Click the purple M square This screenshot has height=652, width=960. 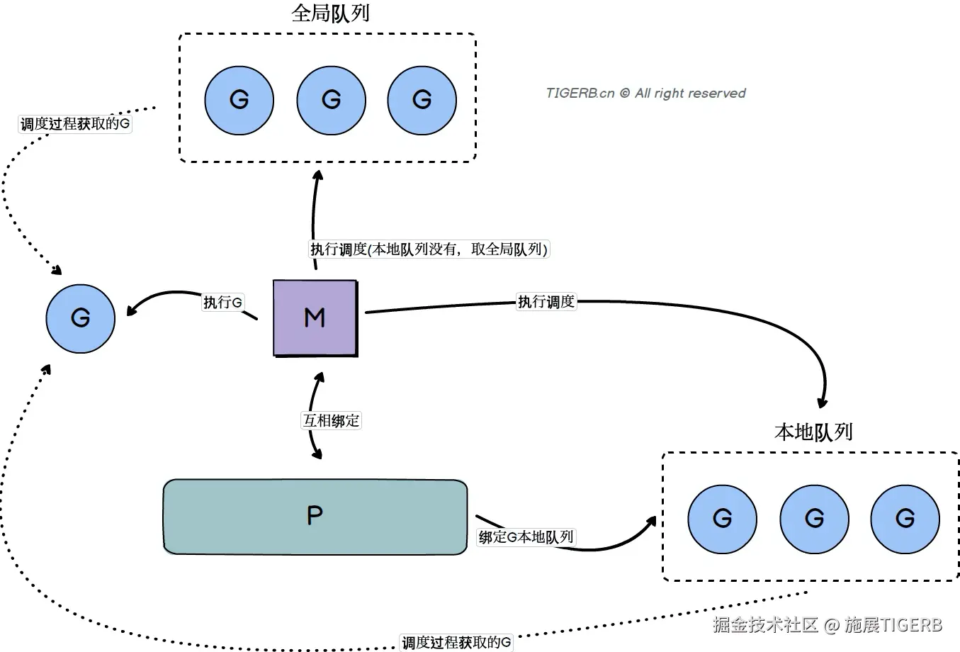pos(315,317)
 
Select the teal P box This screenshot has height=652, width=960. pos(315,516)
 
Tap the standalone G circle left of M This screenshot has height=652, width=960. pos(80,317)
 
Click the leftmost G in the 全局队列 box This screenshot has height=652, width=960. pos(239,100)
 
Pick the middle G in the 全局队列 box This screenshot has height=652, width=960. pos(331,100)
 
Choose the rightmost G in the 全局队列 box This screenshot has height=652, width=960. pos(422,100)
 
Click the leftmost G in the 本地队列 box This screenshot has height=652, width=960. pos(722,519)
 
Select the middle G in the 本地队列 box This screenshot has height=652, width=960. pos(814,519)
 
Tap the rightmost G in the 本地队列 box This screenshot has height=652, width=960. pos(905,519)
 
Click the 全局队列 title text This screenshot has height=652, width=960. pos(330,13)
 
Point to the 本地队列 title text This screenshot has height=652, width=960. pos(813,432)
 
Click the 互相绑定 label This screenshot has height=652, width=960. pos(331,420)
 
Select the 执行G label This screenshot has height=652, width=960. pos(222,303)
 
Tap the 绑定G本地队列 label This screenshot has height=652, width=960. pos(526,537)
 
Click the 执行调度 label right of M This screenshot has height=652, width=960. pos(546,302)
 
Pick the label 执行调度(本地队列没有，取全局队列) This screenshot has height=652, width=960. pos(429,249)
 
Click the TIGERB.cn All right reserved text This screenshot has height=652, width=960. pos(645,94)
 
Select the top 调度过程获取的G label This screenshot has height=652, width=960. pos(75,125)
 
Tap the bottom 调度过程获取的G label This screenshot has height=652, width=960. pos(456,643)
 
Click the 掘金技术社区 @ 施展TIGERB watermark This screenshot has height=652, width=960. pos(828,625)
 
